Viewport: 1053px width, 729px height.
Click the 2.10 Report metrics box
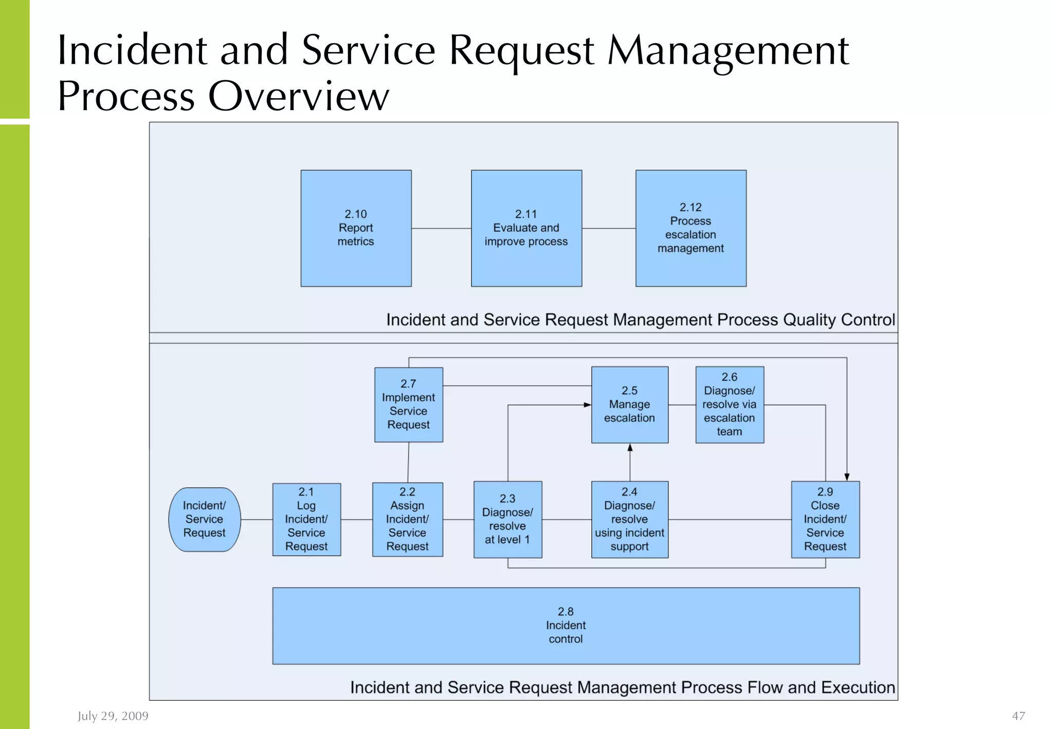click(356, 228)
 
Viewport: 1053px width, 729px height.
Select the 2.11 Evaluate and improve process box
click(526, 228)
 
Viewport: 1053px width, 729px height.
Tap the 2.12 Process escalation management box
click(691, 228)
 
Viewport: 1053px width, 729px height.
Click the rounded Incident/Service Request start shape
click(204, 519)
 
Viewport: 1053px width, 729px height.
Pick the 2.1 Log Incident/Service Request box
click(306, 519)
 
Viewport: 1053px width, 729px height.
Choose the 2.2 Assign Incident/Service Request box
click(407, 519)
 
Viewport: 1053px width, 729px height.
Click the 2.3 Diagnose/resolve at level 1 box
click(507, 519)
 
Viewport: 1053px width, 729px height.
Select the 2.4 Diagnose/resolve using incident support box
click(629, 519)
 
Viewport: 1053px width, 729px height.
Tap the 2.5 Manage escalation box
click(629, 405)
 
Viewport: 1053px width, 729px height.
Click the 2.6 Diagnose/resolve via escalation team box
click(729, 405)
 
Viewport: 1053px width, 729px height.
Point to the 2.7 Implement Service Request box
click(408, 405)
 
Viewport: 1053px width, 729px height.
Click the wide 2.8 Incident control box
click(566, 626)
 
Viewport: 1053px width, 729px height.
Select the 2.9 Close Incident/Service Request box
click(825, 519)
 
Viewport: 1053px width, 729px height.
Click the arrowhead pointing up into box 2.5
click(630, 448)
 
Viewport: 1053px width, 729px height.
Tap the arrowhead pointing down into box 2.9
click(847, 477)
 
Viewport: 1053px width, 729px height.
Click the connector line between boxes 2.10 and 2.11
click(441, 228)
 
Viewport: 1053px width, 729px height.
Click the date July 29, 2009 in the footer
click(113, 716)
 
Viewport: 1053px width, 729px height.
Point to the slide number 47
click(1018, 716)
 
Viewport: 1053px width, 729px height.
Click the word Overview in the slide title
click(298, 96)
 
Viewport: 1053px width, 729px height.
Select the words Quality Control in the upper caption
click(839, 320)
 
